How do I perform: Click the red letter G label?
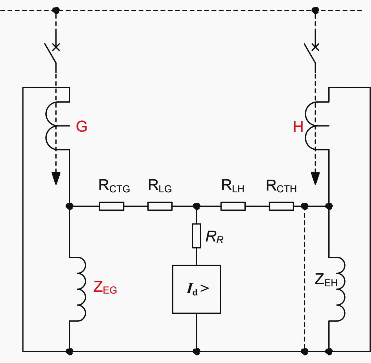82,127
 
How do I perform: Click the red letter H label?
298,127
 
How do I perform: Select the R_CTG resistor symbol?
111,206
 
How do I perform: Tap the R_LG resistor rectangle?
160,206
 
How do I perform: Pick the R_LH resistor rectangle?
233,206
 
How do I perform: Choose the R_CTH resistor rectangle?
281,206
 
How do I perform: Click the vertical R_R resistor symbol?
197,236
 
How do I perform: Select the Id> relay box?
196,289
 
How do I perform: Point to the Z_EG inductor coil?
77,289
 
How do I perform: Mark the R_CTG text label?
114,187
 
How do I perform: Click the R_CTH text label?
281,187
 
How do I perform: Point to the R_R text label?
215,237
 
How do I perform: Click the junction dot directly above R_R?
197,206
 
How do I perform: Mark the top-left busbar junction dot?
55,10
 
